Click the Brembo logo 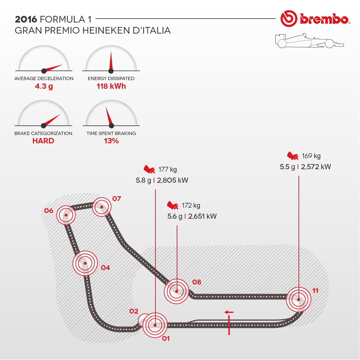tap(315, 19)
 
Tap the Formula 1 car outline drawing tap(309, 41)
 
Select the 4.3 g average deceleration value tap(44, 86)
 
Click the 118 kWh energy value tap(111, 86)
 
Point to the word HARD tap(43, 141)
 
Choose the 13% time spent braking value tap(111, 141)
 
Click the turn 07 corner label tap(116, 199)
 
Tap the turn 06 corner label tap(49, 211)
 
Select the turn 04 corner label tap(105, 268)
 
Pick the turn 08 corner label tap(196, 282)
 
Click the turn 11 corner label tap(315, 290)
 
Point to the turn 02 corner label tap(134, 311)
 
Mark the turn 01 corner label tap(166, 338)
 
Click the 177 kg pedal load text tap(168, 169)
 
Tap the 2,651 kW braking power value tap(202, 216)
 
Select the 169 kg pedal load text tap(311, 156)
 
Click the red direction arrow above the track tap(229, 312)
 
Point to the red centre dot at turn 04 tap(85, 263)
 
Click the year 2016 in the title tap(26, 19)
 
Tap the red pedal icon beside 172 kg tap(173, 205)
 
